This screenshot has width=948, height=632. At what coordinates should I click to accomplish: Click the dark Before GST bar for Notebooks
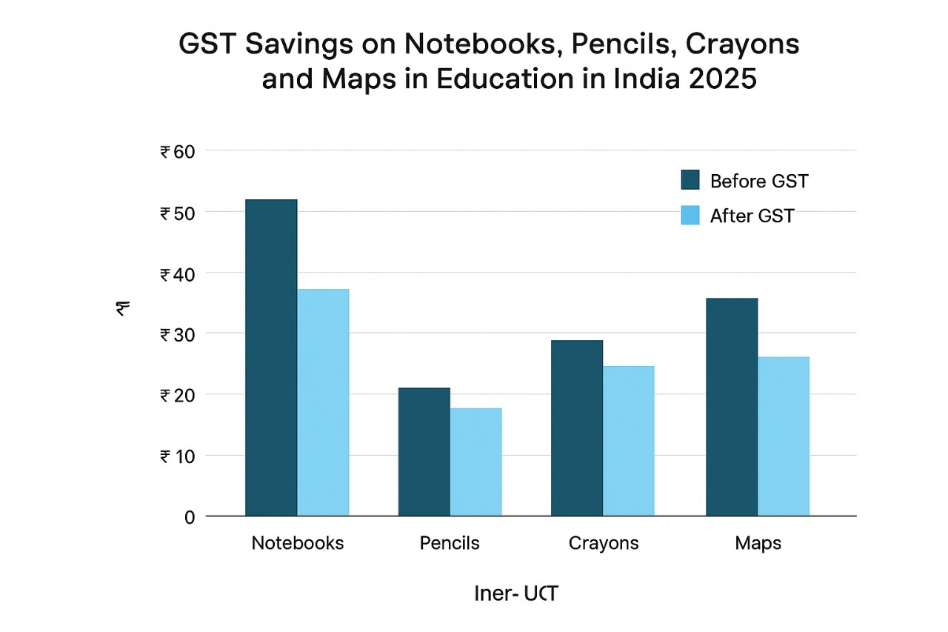tap(271, 357)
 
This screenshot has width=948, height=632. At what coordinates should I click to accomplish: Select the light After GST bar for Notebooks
tap(323, 402)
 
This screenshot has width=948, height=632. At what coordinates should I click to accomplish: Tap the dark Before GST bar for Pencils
tap(424, 451)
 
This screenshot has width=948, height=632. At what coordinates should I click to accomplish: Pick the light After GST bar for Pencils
tap(475, 462)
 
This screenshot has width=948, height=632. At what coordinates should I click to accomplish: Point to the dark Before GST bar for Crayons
tap(577, 428)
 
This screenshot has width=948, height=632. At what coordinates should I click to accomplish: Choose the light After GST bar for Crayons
tap(629, 441)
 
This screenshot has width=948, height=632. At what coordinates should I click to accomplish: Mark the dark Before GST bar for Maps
tap(732, 407)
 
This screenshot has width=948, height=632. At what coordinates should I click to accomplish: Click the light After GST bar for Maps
tap(784, 436)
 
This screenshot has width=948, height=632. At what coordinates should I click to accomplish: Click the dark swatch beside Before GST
tap(690, 180)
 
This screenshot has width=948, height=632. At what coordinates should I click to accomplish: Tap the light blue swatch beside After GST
tap(690, 216)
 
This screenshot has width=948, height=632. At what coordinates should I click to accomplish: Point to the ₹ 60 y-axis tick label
tap(176, 152)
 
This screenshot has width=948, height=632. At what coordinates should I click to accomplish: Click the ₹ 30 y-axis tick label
tap(176, 334)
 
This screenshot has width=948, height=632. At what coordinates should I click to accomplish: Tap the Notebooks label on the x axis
tap(298, 543)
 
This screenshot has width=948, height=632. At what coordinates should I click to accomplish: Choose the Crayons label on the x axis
tap(604, 543)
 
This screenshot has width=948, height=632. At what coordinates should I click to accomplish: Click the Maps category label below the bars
tap(758, 543)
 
